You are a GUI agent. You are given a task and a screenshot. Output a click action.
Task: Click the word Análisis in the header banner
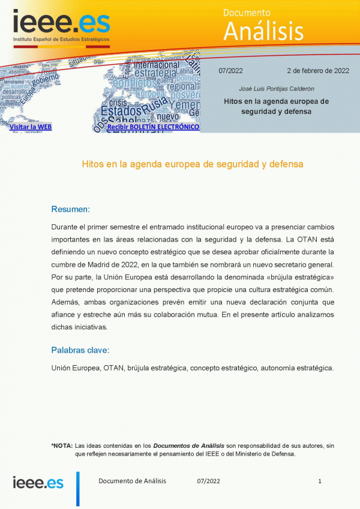pyautogui.click(x=263, y=30)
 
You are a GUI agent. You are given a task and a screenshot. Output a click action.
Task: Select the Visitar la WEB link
pyautogui.click(x=31, y=127)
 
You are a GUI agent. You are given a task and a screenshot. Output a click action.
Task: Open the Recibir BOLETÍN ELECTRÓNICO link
pyautogui.click(x=153, y=127)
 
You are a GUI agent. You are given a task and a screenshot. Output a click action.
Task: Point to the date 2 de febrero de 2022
pyautogui.click(x=317, y=71)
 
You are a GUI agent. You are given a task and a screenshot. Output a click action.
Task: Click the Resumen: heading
pyautogui.click(x=70, y=209)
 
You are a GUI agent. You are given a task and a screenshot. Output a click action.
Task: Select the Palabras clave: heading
pyautogui.click(x=80, y=350)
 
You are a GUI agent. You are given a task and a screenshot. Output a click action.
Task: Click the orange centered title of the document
pyautogui.click(x=192, y=163)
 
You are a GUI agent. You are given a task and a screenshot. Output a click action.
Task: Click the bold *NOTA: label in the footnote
pyautogui.click(x=62, y=445)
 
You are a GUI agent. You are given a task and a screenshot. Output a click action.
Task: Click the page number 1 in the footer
pyautogui.click(x=320, y=481)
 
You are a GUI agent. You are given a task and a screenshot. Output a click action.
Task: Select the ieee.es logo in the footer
pyautogui.click(x=38, y=483)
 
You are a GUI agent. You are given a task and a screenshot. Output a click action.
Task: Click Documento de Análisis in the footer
pyautogui.click(x=132, y=481)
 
